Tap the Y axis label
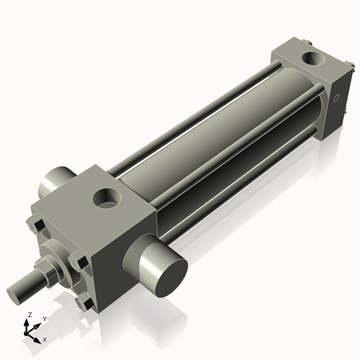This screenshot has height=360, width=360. pyautogui.click(x=45, y=318)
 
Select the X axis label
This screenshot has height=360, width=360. pyautogui.click(x=45, y=338)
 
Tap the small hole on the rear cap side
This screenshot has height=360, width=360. pyautogui.click(x=336, y=99)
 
